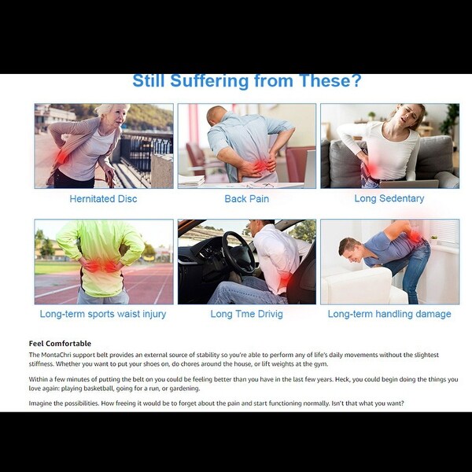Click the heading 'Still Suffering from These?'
[246, 81]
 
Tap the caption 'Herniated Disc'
[103, 199]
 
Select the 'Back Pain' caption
[246, 199]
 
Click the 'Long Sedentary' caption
[389, 198]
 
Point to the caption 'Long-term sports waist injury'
[103, 314]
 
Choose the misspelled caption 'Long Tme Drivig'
[246, 314]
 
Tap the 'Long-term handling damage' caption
[389, 314]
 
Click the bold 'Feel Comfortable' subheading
[60, 344]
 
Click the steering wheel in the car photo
[238, 253]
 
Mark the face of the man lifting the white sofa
[352, 252]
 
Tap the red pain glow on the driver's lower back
[284, 280]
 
